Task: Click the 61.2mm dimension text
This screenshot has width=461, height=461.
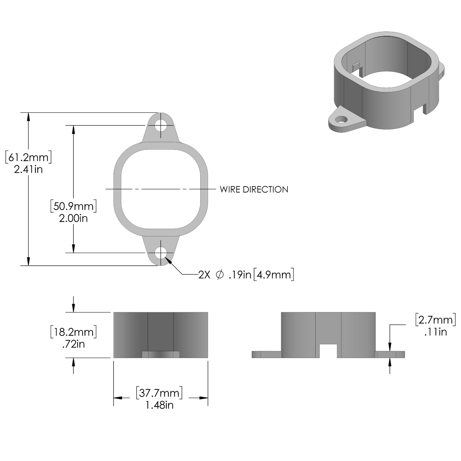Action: point(28,157)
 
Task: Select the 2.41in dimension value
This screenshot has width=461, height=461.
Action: point(28,169)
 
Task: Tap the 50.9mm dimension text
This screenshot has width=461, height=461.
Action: point(73,206)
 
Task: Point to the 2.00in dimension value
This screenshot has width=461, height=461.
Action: point(73,218)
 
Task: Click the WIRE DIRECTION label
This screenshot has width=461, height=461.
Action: point(254,190)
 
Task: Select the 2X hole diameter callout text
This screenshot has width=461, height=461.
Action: point(246,275)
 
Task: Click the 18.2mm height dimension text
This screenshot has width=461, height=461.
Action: point(73,332)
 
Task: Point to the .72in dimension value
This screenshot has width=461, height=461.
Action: point(73,344)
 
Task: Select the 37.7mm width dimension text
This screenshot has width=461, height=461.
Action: point(159,393)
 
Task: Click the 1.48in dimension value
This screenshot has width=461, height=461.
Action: point(159,405)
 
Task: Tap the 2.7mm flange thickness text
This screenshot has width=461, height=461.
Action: point(435,320)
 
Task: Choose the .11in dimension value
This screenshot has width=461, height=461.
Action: point(435,332)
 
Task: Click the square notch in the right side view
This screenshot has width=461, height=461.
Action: point(328,351)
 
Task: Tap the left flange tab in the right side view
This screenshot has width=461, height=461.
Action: point(266,354)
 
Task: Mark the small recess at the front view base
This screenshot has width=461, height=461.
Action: point(161,354)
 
